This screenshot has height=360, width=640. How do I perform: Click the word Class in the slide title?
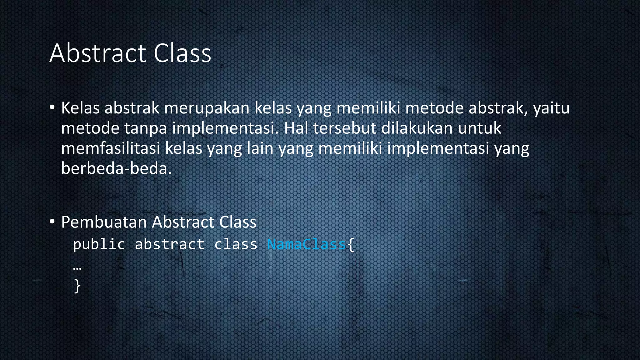[182, 53]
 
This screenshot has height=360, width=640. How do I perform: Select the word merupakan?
[207, 108]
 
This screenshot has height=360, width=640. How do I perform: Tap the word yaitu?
[551, 108]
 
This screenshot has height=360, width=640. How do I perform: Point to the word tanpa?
[145, 128]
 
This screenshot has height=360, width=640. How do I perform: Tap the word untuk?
[479, 128]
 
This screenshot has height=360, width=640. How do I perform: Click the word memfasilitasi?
[111, 148]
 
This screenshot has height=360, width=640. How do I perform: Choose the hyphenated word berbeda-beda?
[116, 168]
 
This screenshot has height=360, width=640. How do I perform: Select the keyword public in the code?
[99, 244]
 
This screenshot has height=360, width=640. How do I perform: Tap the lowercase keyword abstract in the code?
[170, 244]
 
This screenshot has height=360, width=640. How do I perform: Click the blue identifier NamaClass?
[307, 244]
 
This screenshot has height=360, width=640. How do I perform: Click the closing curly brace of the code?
[77, 286]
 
